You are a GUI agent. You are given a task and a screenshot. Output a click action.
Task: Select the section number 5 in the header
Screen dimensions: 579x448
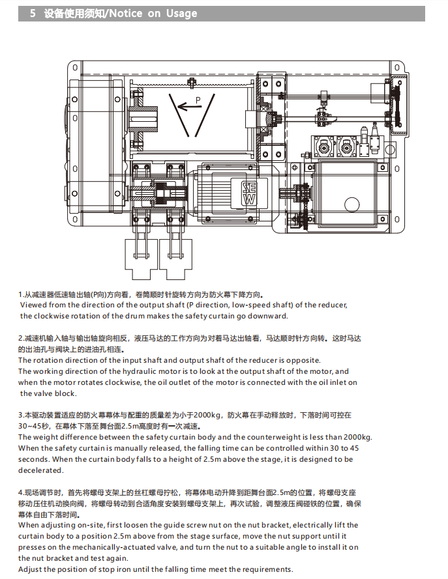coord(33,13)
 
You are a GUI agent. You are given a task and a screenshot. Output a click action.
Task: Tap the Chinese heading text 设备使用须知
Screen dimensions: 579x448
coord(73,13)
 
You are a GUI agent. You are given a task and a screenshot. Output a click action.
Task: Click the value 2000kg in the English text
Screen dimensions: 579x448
coord(357,437)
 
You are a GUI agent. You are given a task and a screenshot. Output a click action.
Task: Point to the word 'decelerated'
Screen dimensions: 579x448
coord(40,470)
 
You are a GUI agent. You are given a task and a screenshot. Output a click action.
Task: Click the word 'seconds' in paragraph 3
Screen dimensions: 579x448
coord(34,459)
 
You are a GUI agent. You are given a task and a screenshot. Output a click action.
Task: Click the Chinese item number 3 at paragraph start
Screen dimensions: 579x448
coord(21,415)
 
